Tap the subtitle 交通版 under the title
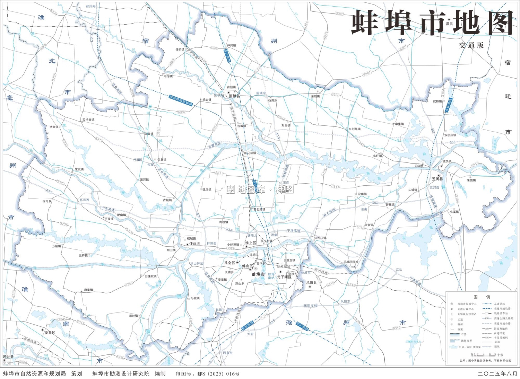[x=471, y=45]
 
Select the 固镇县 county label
[x=235, y=96]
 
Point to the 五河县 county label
[x=437, y=179]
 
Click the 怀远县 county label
[x=194, y=244]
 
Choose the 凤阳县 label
[x=311, y=283]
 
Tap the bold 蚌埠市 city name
[x=258, y=274]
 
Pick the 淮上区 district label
[x=251, y=243]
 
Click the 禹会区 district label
[x=229, y=263]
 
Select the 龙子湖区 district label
[x=284, y=277]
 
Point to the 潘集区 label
[x=50, y=333]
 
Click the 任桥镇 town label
[x=180, y=50]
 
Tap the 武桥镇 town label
[x=437, y=102]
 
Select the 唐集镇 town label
[x=88, y=290]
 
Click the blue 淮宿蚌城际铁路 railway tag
[x=181, y=100]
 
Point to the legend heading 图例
[x=482, y=297]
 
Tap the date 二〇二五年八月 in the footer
[x=497, y=374]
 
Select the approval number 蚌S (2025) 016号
[x=218, y=374]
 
